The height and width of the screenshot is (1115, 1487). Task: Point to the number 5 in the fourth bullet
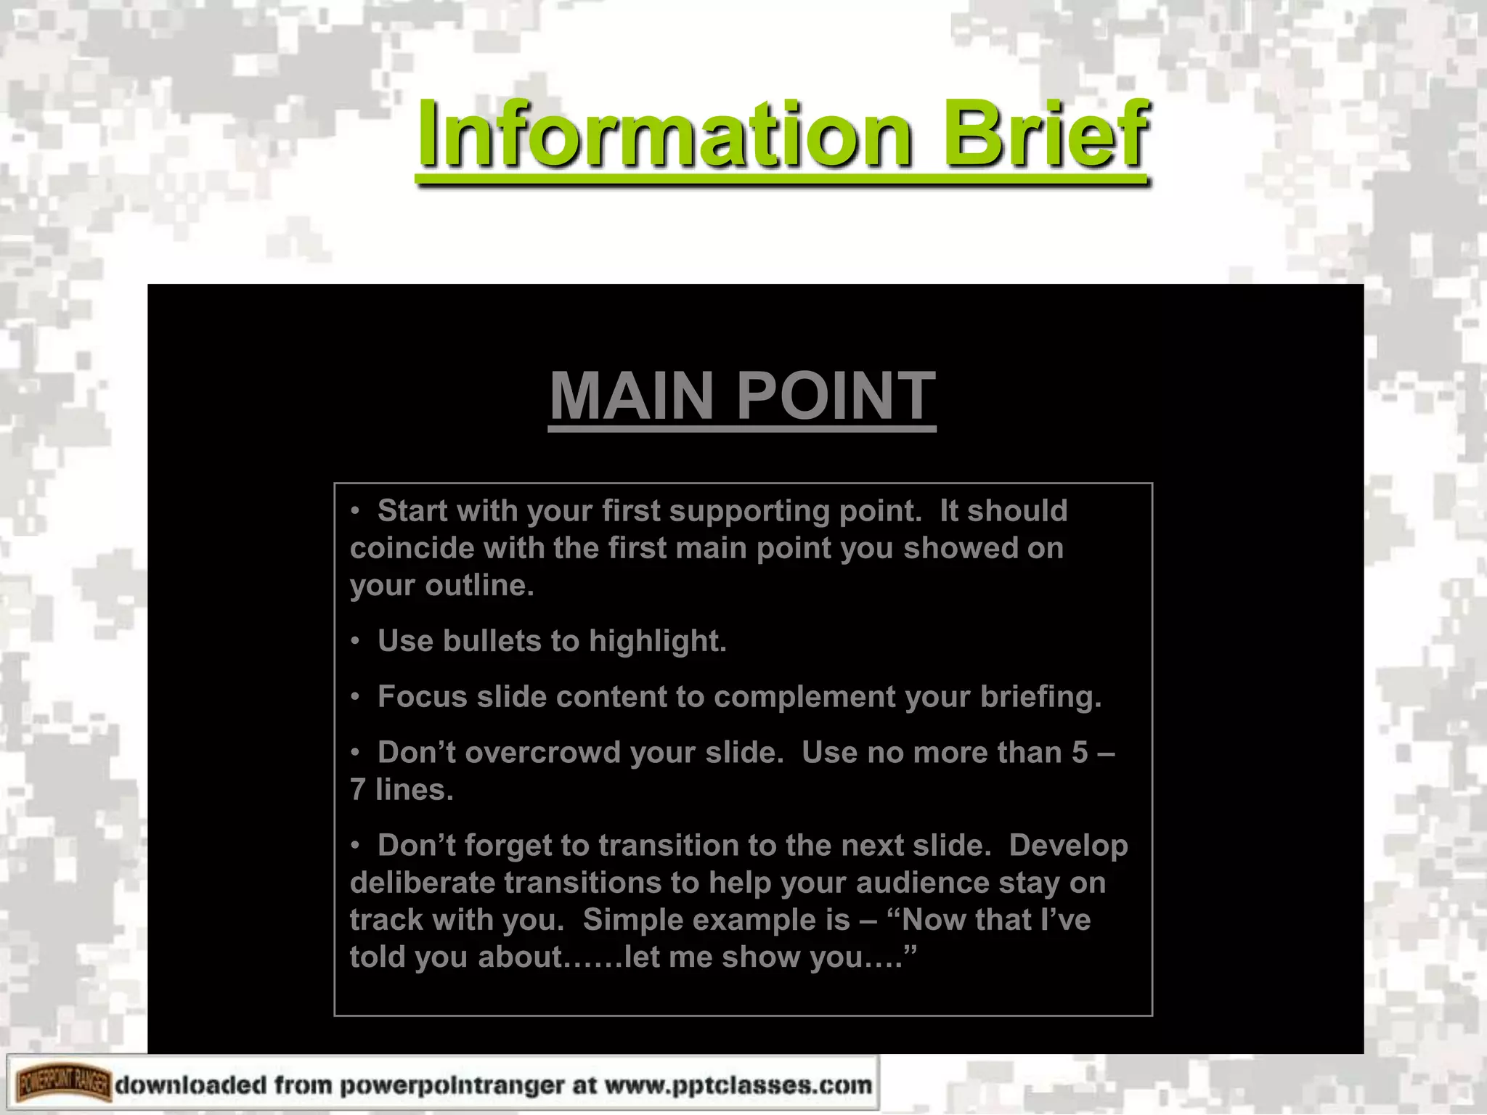[1080, 753]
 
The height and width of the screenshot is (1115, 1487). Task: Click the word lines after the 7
[413, 790]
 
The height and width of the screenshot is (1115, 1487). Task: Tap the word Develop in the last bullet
[1068, 846]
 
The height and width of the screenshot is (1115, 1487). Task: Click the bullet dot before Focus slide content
[355, 697]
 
